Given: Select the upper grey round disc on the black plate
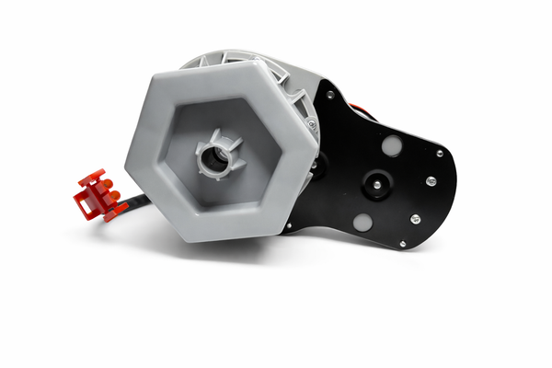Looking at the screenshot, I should click(x=390, y=145).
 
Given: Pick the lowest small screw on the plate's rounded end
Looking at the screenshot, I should click(x=402, y=243).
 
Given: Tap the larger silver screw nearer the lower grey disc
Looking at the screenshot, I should click(x=415, y=219).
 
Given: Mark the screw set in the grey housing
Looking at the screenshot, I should click(x=312, y=123).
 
